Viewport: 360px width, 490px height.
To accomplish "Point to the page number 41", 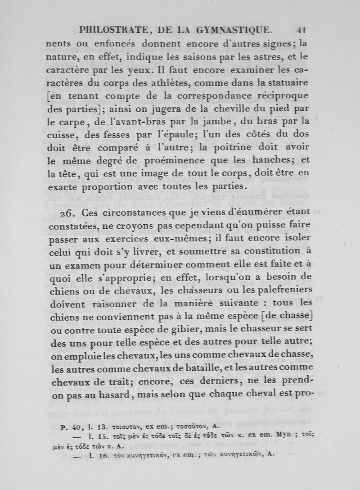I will pos(301,30).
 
